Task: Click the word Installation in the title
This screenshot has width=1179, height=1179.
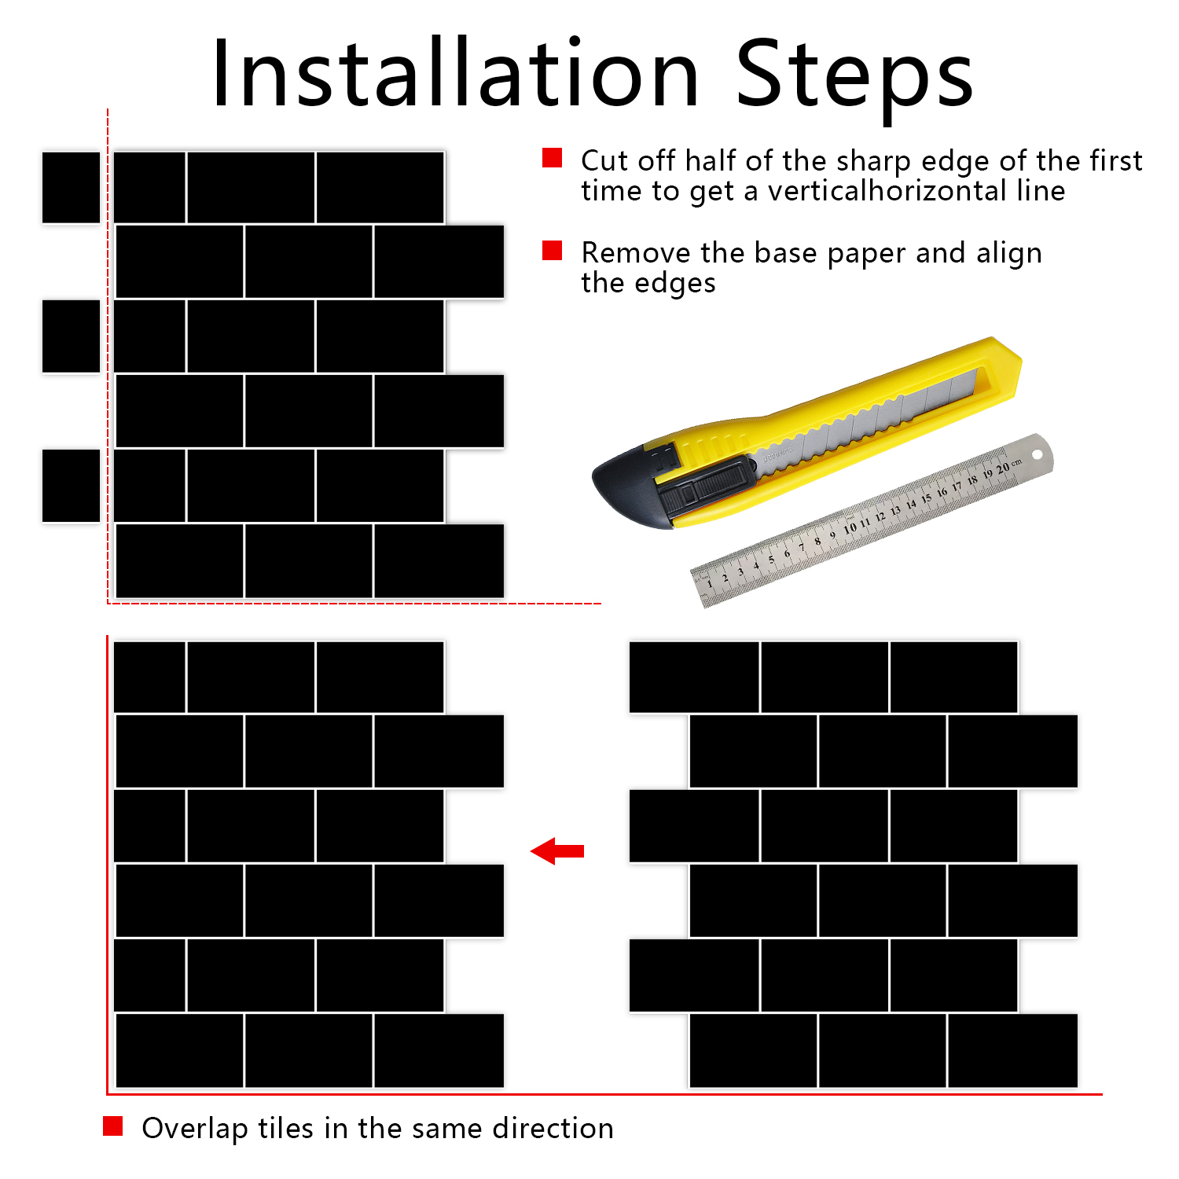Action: coord(455,73)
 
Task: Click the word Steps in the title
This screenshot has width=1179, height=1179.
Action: coord(854,77)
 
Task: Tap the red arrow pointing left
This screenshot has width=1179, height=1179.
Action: coord(557,851)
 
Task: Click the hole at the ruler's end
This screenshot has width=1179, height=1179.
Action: coord(1037,454)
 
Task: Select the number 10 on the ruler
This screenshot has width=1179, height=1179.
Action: coord(850,528)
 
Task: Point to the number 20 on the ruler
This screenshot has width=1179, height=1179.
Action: coord(1003,468)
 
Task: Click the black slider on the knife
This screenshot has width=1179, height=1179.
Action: coord(703,487)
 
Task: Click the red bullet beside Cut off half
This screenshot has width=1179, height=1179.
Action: coord(553,158)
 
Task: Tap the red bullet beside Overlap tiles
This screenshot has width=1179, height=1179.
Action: coord(113,1126)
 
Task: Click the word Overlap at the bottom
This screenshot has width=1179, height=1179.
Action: coord(195,1129)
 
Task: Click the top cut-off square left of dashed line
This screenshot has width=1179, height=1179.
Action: coord(71,187)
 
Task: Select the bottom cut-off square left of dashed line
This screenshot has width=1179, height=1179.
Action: coord(71,486)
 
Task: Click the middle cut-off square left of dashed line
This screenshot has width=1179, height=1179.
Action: coord(71,336)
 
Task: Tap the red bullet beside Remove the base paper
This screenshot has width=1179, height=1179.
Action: coord(553,251)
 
